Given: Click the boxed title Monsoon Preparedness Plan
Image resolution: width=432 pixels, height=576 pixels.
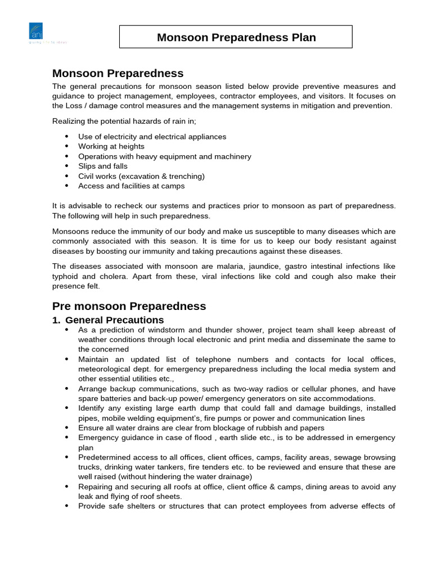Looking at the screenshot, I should coord(236,38).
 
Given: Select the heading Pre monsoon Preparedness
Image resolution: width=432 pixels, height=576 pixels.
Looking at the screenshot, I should coord(129,307).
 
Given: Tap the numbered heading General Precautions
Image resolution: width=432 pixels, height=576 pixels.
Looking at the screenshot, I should coord(114,320).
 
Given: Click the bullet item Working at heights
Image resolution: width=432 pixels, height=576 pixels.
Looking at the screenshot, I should coord(111,146).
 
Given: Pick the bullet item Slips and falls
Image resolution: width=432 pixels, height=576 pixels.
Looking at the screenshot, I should coord(102,166).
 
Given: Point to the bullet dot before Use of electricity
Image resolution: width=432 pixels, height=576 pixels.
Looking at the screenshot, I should coord(66,137).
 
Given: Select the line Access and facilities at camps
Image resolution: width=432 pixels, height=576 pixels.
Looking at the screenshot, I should coord(131,186).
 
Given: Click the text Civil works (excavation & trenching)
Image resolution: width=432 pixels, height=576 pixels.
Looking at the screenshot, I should coord(141,176).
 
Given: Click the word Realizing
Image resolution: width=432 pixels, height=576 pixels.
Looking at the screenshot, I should coord(70,121).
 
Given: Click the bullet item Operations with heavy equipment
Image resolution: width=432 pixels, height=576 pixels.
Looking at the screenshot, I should coord(164,156).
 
